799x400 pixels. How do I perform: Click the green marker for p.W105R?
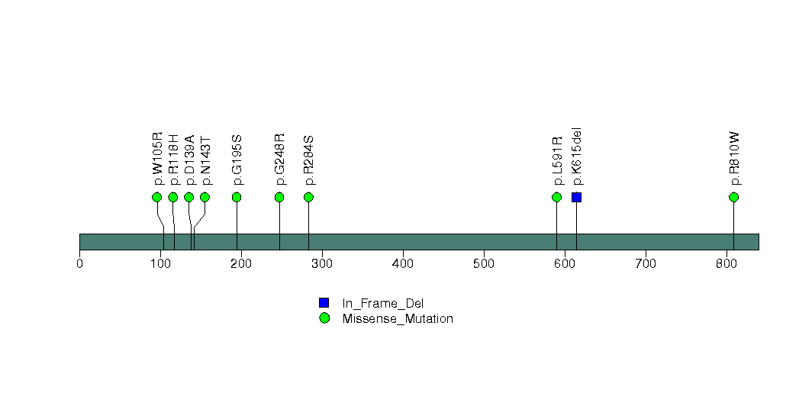click(157, 197)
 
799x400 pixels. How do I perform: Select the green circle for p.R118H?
click(172, 197)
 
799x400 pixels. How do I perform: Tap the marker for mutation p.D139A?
click(189, 197)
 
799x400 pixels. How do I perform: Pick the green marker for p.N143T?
click(205, 197)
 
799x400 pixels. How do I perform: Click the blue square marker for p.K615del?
click(576, 197)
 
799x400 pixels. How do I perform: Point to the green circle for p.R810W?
click(734, 197)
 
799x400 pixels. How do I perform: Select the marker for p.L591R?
click(556, 197)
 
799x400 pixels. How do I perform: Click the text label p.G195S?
click(237, 160)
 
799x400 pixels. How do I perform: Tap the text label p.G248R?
click(280, 160)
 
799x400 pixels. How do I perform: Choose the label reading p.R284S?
click(309, 160)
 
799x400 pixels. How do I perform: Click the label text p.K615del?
click(577, 156)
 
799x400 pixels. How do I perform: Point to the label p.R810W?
click(734, 159)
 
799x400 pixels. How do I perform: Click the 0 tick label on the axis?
click(79, 263)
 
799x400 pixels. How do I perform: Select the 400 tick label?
click(403, 263)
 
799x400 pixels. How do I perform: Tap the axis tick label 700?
click(646, 263)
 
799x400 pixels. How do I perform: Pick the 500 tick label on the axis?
click(484, 263)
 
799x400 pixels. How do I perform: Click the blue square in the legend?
click(324, 303)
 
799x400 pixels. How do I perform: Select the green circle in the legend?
click(324, 318)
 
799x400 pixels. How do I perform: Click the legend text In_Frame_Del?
click(382, 304)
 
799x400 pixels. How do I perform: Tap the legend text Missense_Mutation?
click(398, 319)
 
